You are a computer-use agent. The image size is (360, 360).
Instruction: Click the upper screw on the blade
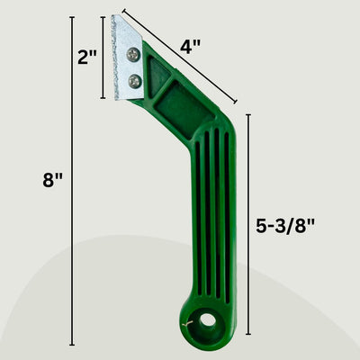(133, 56)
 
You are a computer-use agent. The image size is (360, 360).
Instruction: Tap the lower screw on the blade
(135, 82)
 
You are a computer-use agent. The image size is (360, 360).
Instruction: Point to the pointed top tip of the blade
(113, 16)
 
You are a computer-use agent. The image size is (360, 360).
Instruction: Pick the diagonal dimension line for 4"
(180, 56)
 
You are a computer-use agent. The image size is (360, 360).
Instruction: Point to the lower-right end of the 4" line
(237, 103)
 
